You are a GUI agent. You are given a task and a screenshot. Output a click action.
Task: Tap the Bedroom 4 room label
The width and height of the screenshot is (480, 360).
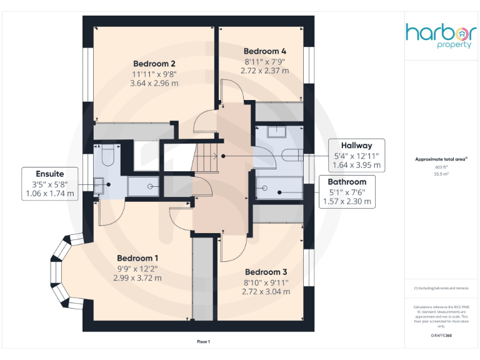265,51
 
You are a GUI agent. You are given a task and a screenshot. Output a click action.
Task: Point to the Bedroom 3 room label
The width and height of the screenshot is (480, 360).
266,272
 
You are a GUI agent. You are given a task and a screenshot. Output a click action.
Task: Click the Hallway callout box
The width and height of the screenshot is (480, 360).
356,155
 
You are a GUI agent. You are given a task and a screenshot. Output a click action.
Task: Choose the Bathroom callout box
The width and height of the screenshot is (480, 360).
346,191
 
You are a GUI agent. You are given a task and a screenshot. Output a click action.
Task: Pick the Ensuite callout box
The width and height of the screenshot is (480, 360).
49,183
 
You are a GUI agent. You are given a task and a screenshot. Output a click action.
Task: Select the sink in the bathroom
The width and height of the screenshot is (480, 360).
276,132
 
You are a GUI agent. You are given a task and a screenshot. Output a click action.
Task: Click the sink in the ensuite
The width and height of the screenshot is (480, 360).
99,184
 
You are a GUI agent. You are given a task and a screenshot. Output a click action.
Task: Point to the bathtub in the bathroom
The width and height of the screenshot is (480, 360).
278,187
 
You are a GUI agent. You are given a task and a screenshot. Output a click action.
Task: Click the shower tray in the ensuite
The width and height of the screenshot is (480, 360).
143,186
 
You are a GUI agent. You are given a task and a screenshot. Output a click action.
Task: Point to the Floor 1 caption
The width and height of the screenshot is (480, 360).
204,341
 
